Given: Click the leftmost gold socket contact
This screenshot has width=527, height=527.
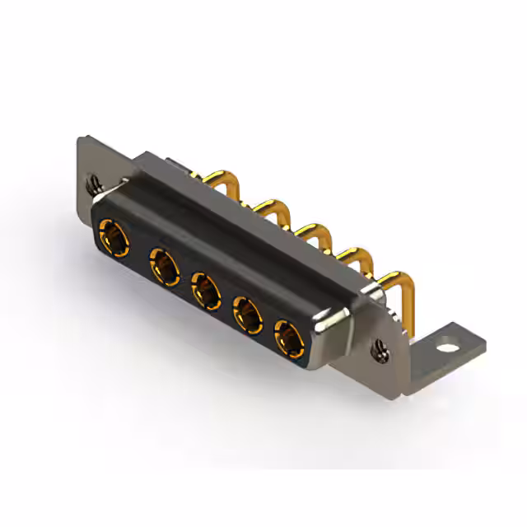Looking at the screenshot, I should (x=113, y=236).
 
